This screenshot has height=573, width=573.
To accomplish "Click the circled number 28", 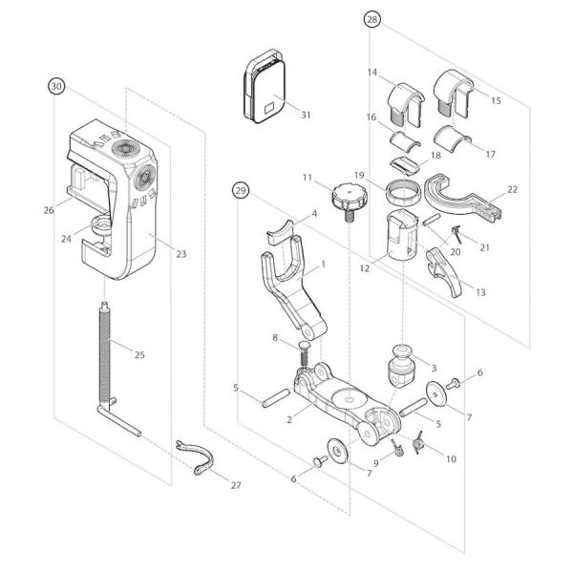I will pos(371,19).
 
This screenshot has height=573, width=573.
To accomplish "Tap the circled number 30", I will pos(56,86).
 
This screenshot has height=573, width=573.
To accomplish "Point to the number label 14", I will pos(372,73).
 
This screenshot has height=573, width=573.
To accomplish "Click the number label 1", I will pos(323,264).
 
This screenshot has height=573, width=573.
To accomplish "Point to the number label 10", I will pos(451,458).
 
